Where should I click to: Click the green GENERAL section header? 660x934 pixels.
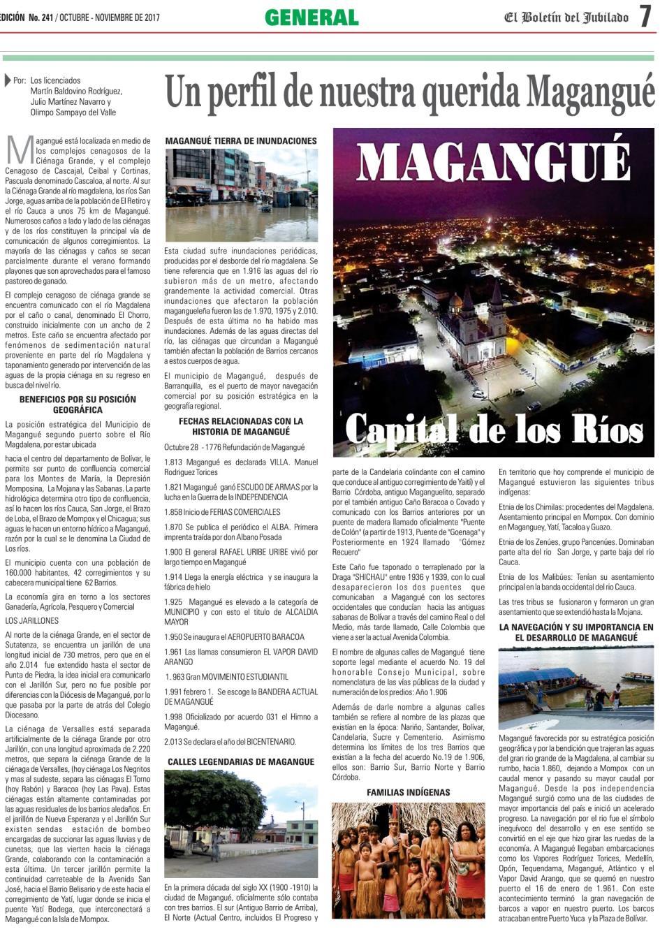[x=311, y=17]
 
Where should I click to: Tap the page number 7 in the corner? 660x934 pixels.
[x=645, y=17]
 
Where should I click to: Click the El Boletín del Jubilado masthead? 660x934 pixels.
[x=566, y=17]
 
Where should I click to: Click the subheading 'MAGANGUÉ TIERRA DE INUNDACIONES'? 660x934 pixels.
[x=241, y=140]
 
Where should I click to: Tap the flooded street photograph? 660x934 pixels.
[x=241, y=195]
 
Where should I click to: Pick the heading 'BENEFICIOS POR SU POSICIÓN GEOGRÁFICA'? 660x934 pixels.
[x=78, y=404]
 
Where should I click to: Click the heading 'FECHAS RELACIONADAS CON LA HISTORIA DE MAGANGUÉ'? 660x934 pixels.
[x=241, y=426]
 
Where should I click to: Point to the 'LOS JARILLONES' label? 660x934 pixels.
[x=32, y=620]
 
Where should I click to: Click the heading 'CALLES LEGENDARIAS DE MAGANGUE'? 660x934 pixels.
[x=241, y=761]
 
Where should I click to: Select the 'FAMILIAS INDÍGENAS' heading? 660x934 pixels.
[x=409, y=792]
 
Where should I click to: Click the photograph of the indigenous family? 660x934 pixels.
[x=409, y=859]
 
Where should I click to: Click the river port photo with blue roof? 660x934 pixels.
[x=576, y=687]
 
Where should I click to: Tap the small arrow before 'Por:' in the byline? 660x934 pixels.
[x=8, y=80]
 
